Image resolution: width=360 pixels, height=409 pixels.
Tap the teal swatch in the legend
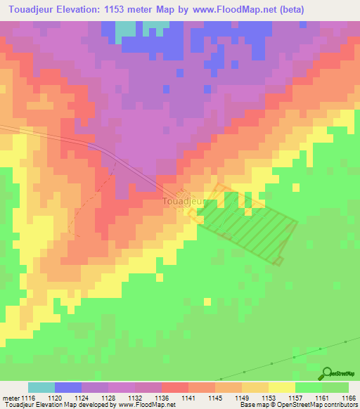[x=41, y=387]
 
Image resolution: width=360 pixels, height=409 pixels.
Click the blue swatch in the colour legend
[x=68, y=387]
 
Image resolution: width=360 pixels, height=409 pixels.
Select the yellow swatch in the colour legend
[x=282, y=387]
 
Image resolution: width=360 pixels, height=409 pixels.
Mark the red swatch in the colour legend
[x=175, y=387]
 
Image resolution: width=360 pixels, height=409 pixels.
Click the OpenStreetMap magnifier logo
[x=328, y=372]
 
